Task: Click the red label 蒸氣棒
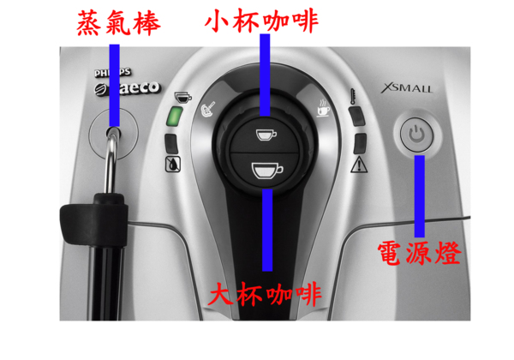coord(118,23)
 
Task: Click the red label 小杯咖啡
coord(261,21)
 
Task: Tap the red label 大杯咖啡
coord(265,293)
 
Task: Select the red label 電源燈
coord(419,253)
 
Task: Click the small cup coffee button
coord(266,135)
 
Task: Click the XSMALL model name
coord(406,88)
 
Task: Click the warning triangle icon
coord(359,165)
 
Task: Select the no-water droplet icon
coord(173,165)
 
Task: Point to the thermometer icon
coord(353,96)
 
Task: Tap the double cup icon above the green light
coord(183,97)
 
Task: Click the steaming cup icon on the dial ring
coord(323,107)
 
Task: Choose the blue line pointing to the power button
coord(419,196)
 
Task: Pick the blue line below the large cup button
coord(267,231)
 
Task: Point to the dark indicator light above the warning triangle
coord(361,143)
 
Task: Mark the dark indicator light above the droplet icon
coord(171,144)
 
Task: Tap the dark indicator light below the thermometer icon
coord(357,116)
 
